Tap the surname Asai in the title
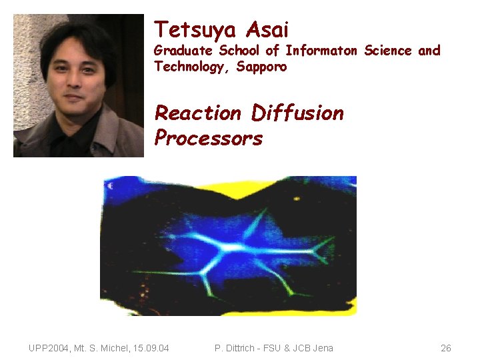click(x=267, y=29)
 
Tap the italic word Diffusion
click(x=297, y=113)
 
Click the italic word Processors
click(x=209, y=138)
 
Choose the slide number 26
click(x=446, y=348)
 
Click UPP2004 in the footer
click(x=51, y=348)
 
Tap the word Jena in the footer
click(x=321, y=348)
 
